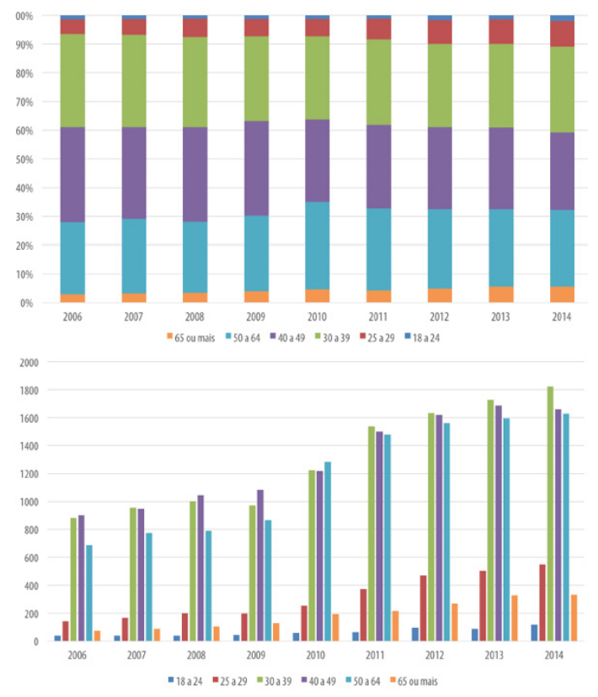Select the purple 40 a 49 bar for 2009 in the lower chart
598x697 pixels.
click(x=261, y=565)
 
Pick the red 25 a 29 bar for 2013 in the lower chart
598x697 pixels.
click(x=483, y=605)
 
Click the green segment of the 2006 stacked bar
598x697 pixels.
click(x=72, y=81)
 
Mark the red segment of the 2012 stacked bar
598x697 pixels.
click(x=440, y=32)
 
